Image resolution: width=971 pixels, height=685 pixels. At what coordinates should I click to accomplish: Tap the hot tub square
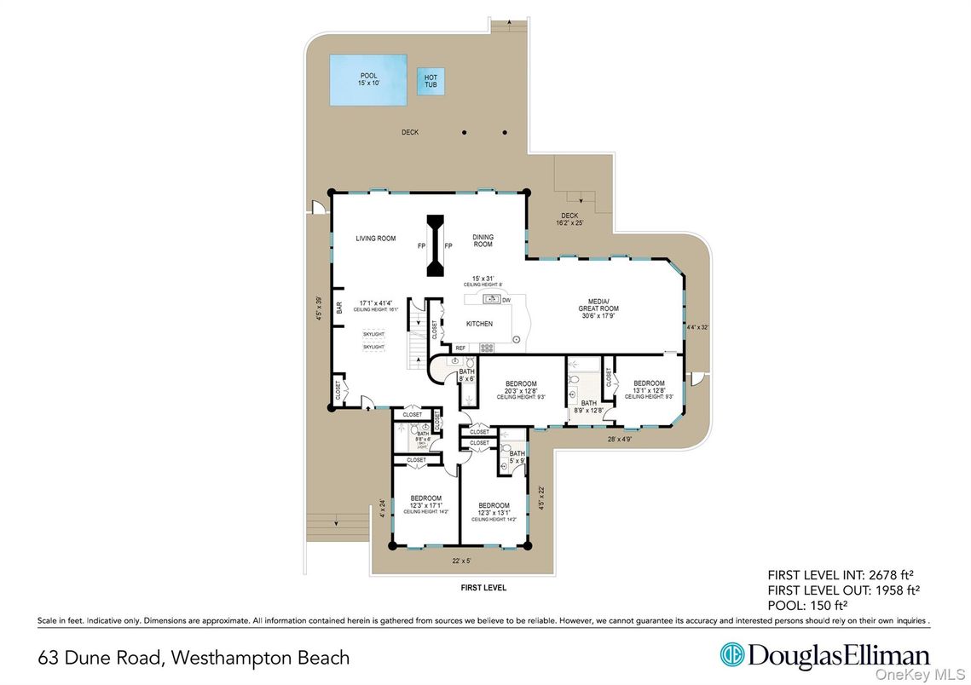point(431,82)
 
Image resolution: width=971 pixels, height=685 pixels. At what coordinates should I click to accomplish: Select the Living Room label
point(376,239)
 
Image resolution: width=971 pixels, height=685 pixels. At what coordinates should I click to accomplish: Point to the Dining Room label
point(483,241)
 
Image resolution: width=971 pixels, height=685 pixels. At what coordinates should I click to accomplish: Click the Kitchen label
point(479,324)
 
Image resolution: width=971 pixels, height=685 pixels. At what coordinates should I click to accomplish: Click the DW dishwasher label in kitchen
point(506,300)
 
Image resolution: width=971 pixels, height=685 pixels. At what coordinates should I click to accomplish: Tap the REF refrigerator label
point(460,348)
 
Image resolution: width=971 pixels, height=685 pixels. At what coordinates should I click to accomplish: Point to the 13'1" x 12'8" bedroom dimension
point(648,390)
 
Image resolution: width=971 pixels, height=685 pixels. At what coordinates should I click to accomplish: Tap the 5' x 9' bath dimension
point(517,461)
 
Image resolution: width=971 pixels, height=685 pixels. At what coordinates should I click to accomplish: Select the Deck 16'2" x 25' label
point(569,220)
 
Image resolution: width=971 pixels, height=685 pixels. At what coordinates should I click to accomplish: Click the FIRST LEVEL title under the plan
point(483,588)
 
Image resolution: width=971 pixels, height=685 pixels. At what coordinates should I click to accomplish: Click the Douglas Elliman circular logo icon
point(731,654)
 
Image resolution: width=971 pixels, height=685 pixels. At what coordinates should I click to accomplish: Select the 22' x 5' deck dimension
point(461,561)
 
